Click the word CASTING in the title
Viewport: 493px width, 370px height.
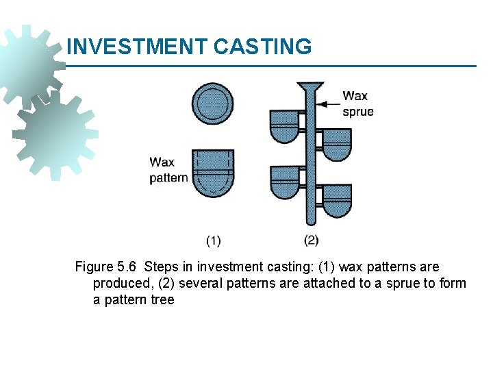(262, 47)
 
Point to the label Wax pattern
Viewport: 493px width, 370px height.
(168, 170)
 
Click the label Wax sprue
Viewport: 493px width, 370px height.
(357, 103)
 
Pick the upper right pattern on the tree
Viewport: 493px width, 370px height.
(336, 145)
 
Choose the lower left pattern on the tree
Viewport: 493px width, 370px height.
(284, 182)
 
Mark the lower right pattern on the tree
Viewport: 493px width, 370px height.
(336, 201)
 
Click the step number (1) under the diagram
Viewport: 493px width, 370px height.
(213, 240)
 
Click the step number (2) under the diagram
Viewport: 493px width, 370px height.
(311, 240)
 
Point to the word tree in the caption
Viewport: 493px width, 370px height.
(161, 299)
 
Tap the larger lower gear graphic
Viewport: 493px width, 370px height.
(53, 135)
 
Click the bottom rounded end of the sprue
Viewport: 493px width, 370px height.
(310, 220)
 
